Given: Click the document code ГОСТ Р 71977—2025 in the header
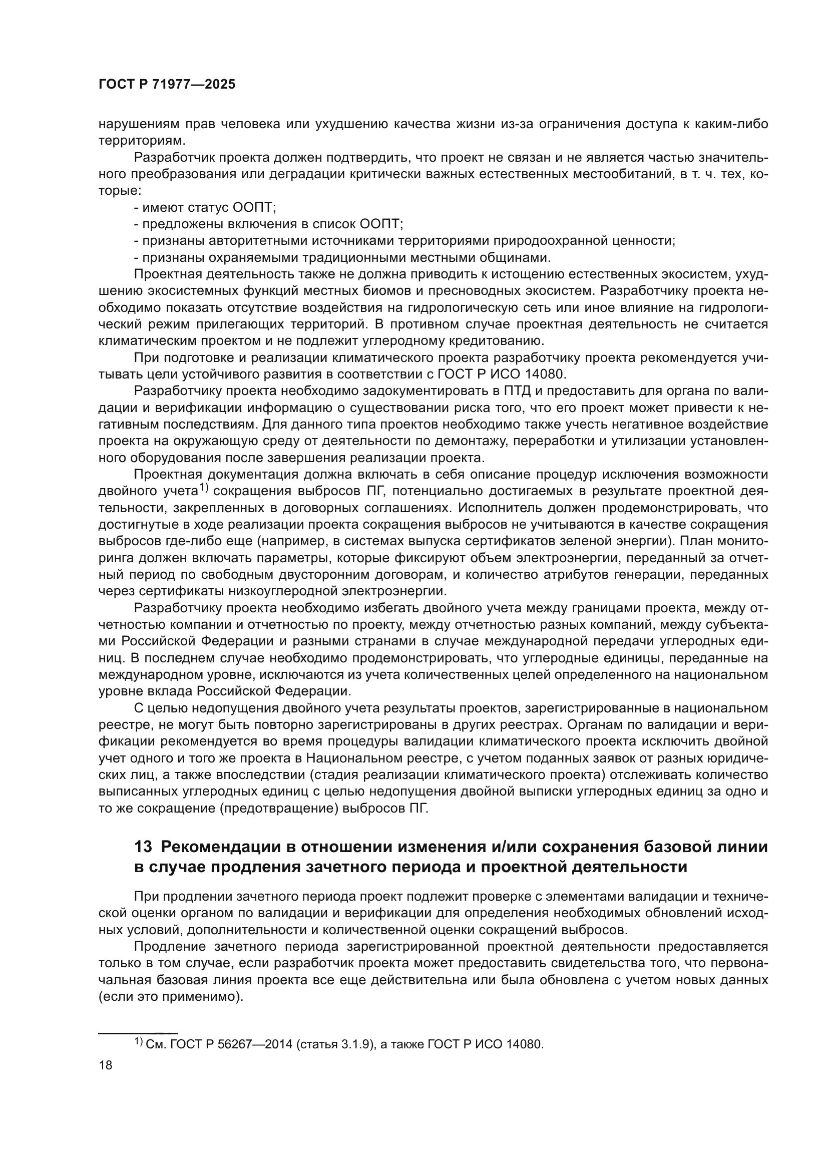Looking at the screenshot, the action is click(167, 85).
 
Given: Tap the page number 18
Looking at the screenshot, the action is click(106, 1065).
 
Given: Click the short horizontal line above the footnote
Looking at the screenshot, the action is click(137, 1032).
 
